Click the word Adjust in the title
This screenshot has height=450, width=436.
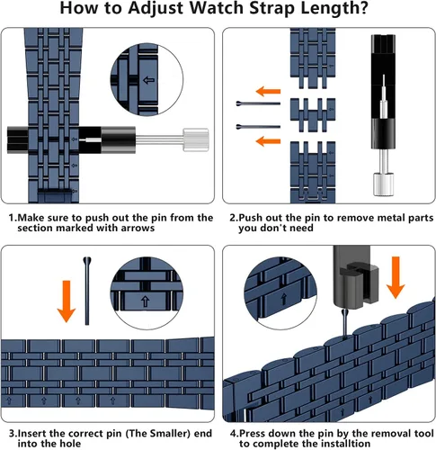[x=156, y=8]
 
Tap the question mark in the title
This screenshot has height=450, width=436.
[x=363, y=7]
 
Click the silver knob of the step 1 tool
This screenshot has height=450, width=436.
[x=196, y=139]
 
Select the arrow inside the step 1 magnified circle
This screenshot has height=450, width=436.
[x=149, y=80]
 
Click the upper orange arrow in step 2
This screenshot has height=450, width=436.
[x=268, y=91]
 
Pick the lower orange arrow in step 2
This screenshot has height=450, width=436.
[x=268, y=140]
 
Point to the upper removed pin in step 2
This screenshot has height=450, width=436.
[x=258, y=103]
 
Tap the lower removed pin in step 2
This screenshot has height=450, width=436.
[x=258, y=127]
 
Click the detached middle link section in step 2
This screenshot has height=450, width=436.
[x=313, y=115]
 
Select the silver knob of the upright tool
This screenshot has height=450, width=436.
[x=383, y=184]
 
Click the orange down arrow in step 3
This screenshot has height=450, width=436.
[x=67, y=301]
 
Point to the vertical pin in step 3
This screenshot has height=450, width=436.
[x=87, y=291]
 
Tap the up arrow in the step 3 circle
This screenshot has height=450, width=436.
[x=146, y=301]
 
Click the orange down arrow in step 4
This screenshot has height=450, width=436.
[x=396, y=277]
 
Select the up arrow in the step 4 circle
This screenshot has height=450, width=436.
[x=283, y=299]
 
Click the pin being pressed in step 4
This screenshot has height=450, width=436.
[x=344, y=324]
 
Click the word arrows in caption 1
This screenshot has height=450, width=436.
[x=138, y=228]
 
